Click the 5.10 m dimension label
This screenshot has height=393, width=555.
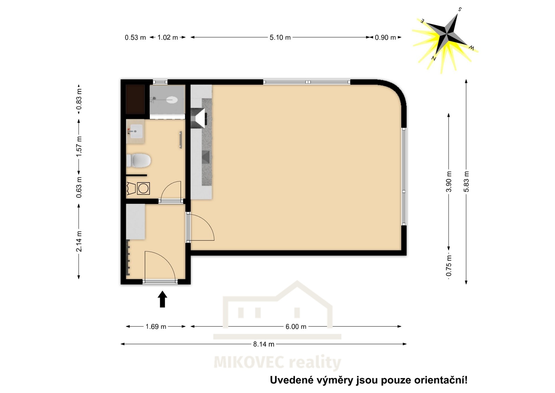pyautogui.click(x=280, y=38)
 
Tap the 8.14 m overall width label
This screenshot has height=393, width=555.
pyautogui.click(x=264, y=344)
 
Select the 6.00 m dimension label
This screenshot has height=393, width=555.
pyautogui.click(x=296, y=327)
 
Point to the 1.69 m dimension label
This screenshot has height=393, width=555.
pyautogui.click(x=156, y=327)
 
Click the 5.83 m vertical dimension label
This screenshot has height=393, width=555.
pyautogui.click(x=466, y=181)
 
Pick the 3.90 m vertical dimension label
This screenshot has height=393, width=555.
pyautogui.click(x=449, y=181)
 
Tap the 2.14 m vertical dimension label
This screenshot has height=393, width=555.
pyautogui.click(x=79, y=241)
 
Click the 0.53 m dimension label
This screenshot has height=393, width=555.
pyautogui.click(x=135, y=38)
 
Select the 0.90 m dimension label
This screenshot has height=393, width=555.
pyautogui.click(x=385, y=38)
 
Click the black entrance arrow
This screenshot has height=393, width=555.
pyautogui.click(x=162, y=299)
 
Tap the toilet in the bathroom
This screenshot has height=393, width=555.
pyautogui.click(x=139, y=161)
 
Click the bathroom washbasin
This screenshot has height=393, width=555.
pyautogui.click(x=135, y=131)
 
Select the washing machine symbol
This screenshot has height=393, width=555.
pyautogui.click(x=143, y=188)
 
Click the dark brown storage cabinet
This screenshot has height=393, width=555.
pyautogui.click(x=135, y=99)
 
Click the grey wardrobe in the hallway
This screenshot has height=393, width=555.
pyautogui.click(x=136, y=222)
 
